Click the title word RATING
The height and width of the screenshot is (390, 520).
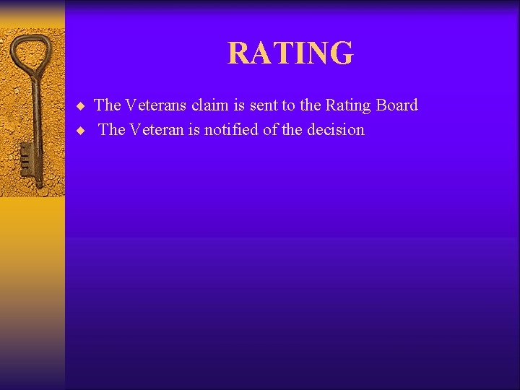(290, 53)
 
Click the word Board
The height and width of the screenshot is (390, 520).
(397, 105)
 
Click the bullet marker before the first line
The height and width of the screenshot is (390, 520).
(81, 106)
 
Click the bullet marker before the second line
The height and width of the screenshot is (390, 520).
(81, 131)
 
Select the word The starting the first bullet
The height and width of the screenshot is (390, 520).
(108, 105)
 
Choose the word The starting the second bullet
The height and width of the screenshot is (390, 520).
(112, 130)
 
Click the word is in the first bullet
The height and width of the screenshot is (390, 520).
(238, 105)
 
